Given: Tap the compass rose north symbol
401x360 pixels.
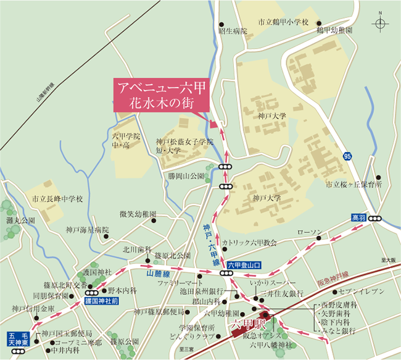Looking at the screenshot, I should pyautogui.click(x=380, y=24).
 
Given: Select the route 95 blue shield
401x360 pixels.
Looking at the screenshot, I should pyautogui.click(x=347, y=157).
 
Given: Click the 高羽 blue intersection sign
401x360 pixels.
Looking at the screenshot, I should pyautogui.click(x=359, y=218).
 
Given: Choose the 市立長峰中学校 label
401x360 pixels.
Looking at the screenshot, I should pyautogui.click(x=57, y=200).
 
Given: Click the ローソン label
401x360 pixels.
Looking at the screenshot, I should pyautogui.click(x=310, y=232).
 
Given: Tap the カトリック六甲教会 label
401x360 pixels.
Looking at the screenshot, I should pyautogui.click(x=250, y=243).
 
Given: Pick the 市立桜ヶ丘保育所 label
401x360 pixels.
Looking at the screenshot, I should pyautogui.click(x=354, y=184).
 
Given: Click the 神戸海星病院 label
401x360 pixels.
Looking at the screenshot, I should pyautogui.click(x=87, y=230).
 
